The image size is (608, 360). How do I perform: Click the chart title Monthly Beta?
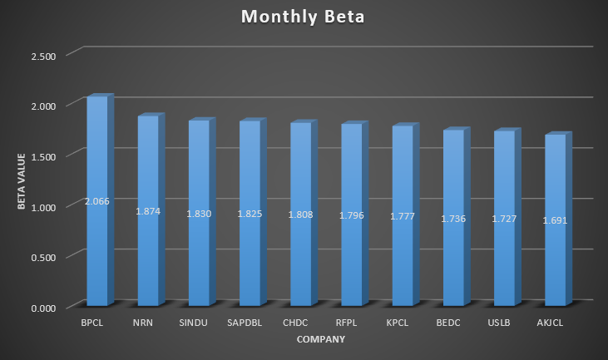coord(304,17)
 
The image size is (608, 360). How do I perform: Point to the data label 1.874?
coord(148,211)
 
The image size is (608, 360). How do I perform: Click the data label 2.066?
coord(97,201)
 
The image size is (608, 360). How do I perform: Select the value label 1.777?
coord(403,217)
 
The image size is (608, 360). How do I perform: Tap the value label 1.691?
coord(555,221)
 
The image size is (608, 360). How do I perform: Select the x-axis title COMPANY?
coord(320,339)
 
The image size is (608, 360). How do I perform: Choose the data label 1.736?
coord(453,219)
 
